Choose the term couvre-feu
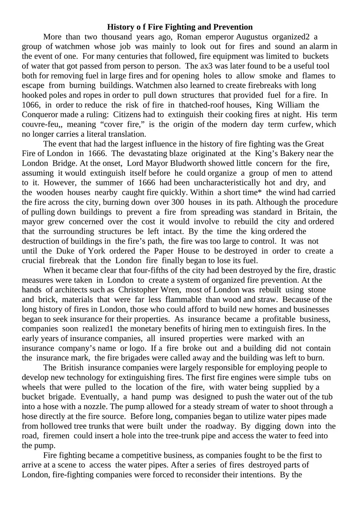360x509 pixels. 43,124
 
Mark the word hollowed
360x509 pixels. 57,426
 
